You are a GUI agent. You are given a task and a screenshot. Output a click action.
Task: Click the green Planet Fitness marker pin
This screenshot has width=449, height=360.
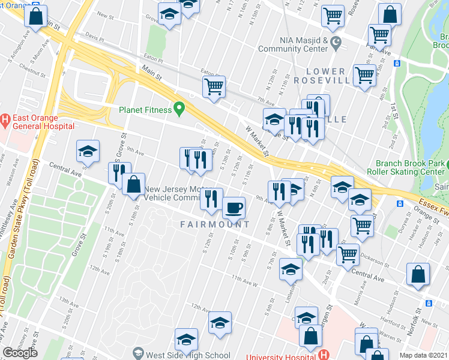(x=178, y=109)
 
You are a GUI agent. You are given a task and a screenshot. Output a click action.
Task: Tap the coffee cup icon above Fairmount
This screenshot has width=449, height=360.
(x=234, y=208)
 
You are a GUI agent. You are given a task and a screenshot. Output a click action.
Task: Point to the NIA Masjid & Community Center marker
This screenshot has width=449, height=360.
(x=336, y=43)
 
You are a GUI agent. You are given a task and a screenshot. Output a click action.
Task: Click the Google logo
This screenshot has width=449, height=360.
(x=20, y=352)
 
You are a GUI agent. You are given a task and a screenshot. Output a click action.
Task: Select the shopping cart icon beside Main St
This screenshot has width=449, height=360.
(x=214, y=87)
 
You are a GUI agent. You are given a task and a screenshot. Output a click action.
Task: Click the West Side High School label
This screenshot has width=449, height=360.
(x=187, y=355)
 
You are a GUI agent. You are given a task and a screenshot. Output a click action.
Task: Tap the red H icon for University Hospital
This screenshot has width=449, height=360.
(x=324, y=355)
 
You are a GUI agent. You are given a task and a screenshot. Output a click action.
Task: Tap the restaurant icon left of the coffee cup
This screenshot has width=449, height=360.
(x=211, y=199)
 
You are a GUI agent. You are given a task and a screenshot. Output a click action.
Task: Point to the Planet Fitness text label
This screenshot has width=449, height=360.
(x=144, y=109)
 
